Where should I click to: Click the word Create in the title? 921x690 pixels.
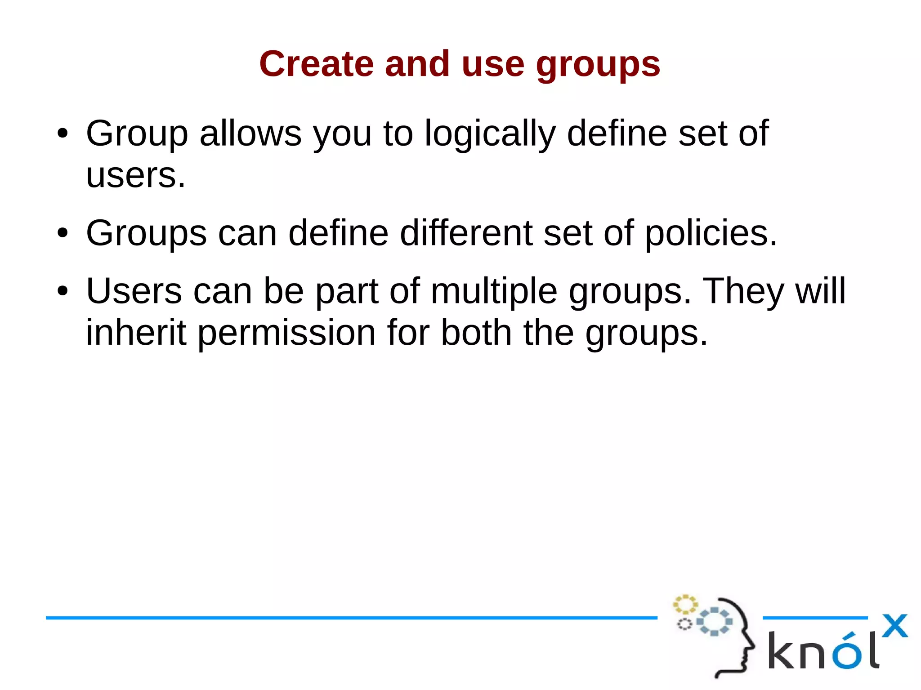point(316,64)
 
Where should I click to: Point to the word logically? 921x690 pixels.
point(490,134)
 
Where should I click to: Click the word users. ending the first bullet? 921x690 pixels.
point(135,175)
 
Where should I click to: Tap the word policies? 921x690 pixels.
point(711,234)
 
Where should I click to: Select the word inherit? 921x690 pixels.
point(136,333)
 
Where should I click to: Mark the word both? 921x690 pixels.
point(476,333)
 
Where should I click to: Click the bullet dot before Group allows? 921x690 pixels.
point(63,134)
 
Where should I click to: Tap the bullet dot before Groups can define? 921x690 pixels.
point(63,233)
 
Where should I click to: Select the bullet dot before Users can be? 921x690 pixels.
point(63,291)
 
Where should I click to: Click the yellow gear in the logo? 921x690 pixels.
point(685,604)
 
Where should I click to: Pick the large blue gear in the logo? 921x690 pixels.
point(714,621)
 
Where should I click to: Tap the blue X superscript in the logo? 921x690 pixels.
point(894,626)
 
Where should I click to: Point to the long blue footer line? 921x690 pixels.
point(351,618)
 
